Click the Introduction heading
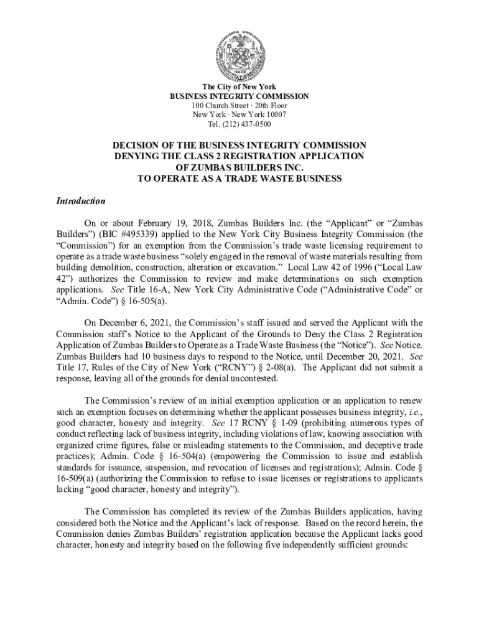click(79, 202)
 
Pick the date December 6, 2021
click(130, 323)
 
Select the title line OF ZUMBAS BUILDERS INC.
click(239, 168)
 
